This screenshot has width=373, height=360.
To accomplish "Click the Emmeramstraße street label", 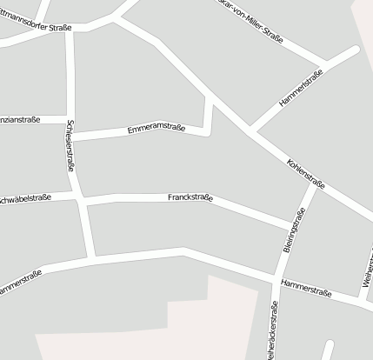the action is coord(156,130).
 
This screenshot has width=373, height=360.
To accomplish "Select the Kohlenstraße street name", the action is coord(305,173).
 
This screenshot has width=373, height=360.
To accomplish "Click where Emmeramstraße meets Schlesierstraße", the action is coord(73,139).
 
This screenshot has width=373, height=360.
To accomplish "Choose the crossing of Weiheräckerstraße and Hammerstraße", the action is coord(276,281).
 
